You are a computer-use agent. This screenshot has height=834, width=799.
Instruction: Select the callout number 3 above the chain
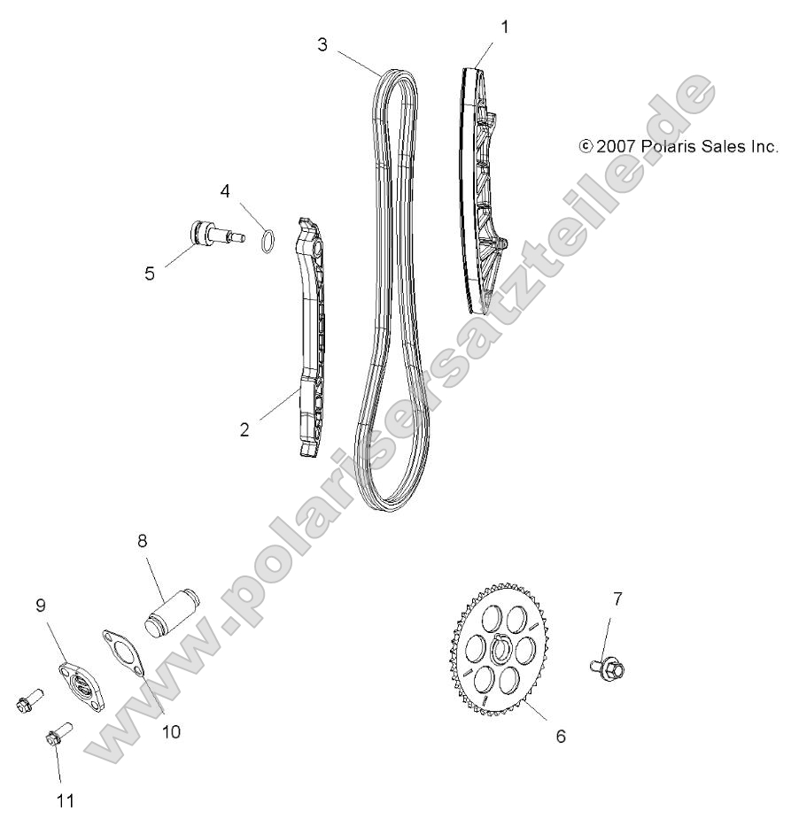(x=323, y=45)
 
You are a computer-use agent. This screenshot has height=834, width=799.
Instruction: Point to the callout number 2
(x=245, y=430)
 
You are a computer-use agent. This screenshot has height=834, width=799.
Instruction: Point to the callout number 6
(x=560, y=736)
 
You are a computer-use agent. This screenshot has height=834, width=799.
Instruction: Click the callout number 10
(x=170, y=731)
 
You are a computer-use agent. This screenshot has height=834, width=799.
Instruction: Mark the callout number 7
(x=617, y=598)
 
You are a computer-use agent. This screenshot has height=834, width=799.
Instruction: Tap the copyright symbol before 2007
(x=586, y=147)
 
